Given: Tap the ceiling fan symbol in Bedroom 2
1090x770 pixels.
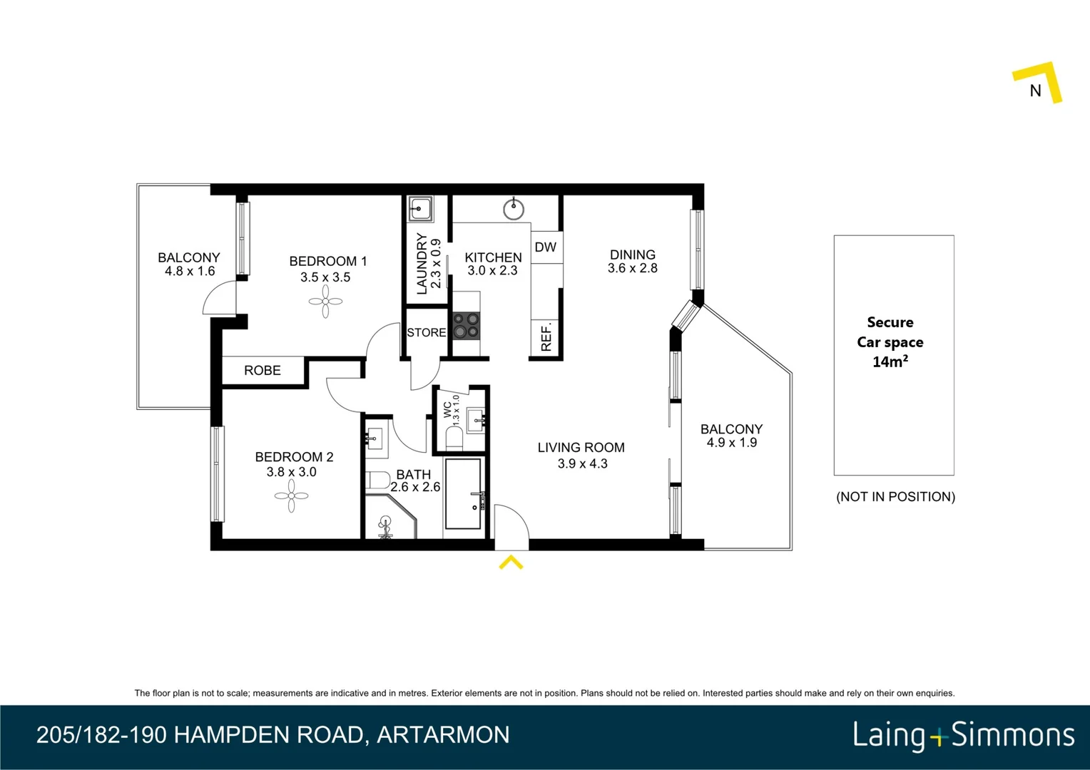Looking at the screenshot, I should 291,496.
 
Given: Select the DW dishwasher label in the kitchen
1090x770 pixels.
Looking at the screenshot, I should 546,247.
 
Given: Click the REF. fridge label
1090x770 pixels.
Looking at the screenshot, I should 546,337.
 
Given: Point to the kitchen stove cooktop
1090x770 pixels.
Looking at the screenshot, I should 467,326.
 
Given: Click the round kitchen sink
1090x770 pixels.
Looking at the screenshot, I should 514,209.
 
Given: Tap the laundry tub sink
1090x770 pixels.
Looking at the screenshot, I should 420,210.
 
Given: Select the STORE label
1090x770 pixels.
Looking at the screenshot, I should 427,333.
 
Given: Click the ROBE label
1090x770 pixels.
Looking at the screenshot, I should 263,371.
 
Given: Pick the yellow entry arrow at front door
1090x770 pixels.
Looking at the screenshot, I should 511,563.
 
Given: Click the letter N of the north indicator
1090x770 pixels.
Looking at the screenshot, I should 1036,91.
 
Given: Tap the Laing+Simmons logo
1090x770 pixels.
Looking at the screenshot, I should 963,735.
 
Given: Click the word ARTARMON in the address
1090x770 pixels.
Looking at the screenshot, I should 443,735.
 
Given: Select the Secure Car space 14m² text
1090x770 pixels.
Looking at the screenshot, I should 890,342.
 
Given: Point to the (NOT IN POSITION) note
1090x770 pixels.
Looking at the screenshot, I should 895,497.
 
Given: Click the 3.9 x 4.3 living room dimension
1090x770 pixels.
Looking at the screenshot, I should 583,464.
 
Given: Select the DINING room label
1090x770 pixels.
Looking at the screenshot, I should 633,255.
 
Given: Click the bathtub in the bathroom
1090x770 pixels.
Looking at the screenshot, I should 464,494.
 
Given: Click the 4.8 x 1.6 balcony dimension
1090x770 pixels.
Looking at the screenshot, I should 190,272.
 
